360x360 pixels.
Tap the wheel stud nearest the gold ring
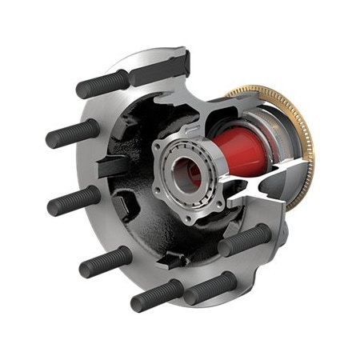coord(245,239)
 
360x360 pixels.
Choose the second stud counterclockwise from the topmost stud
coord(75,200)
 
